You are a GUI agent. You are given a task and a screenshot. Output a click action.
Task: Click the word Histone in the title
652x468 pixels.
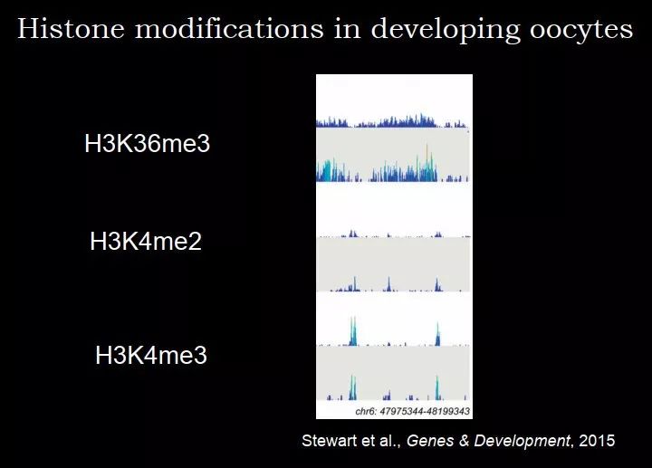coord(71,29)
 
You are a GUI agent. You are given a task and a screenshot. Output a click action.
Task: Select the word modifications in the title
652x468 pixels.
coord(229,29)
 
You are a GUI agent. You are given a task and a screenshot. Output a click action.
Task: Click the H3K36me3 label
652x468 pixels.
coord(148,143)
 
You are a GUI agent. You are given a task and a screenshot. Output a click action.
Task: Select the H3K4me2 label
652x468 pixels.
coord(146,241)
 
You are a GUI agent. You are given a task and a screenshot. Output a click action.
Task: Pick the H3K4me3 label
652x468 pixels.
coord(151,355)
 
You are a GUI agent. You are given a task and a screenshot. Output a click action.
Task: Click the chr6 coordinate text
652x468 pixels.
coord(413,411)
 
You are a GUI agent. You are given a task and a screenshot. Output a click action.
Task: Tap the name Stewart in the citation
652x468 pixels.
coord(330,441)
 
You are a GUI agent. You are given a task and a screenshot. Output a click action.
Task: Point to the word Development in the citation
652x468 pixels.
coord(523,442)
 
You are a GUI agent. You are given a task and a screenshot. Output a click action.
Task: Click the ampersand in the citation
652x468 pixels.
coord(464,441)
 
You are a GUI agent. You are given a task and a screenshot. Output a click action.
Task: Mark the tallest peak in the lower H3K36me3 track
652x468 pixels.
coord(427,163)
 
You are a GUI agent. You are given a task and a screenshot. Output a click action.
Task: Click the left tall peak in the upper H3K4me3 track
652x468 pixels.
coord(353,331)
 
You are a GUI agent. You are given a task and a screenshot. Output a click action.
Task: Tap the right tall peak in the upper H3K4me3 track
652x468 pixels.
coord(437,334)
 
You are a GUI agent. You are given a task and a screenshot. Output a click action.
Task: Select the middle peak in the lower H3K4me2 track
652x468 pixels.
coord(388,284)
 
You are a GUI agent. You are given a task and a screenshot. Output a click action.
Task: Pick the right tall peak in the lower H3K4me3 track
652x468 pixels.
coord(437,387)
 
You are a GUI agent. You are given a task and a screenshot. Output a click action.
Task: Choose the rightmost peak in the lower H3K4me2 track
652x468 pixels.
coord(437,285)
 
